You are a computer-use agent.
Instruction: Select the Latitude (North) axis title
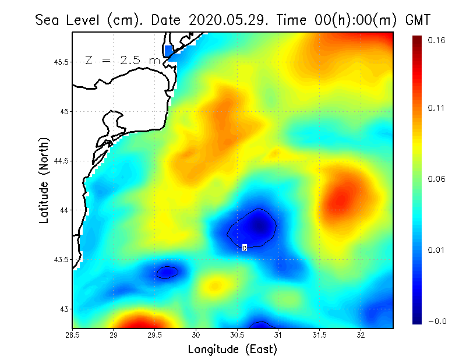point(44,180)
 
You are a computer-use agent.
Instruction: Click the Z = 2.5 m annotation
point(122,61)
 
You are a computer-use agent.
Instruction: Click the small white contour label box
point(245,248)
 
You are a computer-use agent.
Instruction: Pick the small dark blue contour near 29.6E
point(167,272)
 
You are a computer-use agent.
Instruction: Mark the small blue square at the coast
point(168,51)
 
